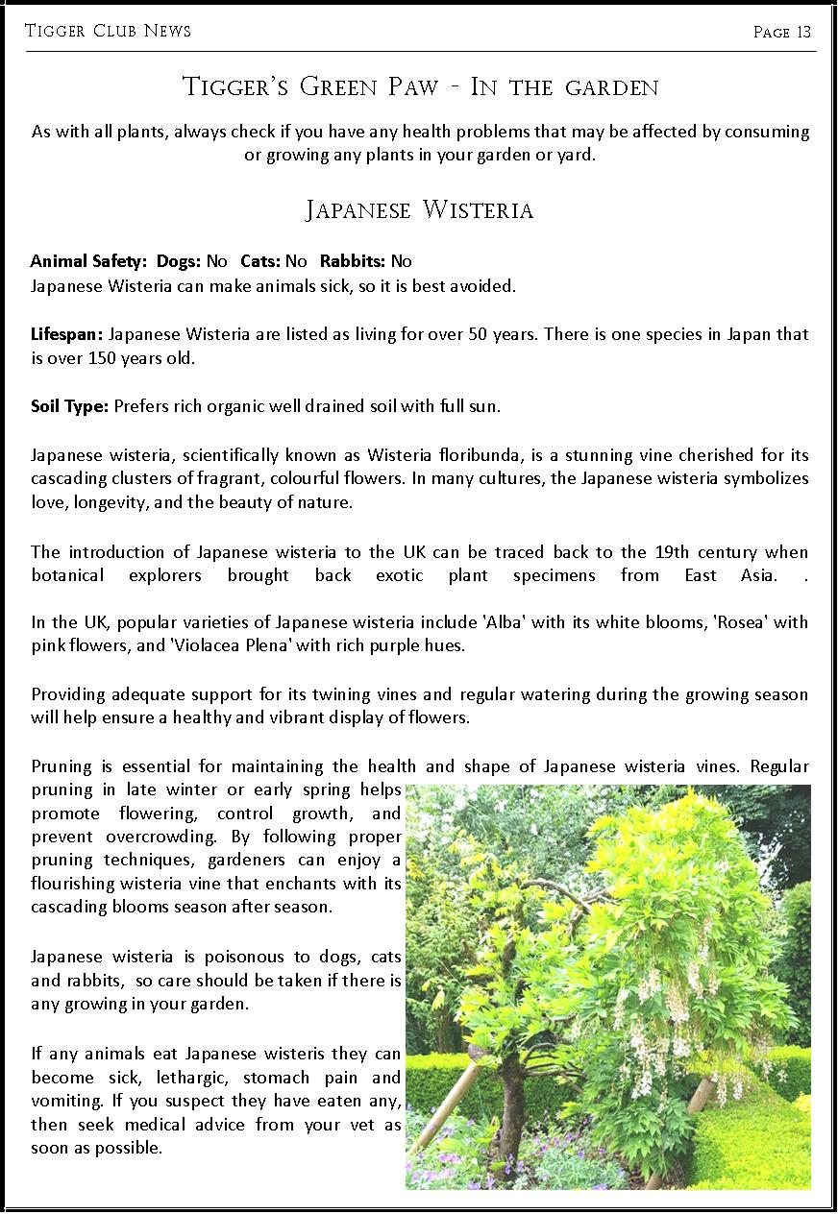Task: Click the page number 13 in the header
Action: pos(803,33)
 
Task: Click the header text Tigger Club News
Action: pos(108,31)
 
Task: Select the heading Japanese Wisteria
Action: pos(419,210)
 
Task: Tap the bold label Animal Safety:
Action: pos(86,261)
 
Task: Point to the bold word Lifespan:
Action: pos(67,334)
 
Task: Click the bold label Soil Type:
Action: pos(69,406)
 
